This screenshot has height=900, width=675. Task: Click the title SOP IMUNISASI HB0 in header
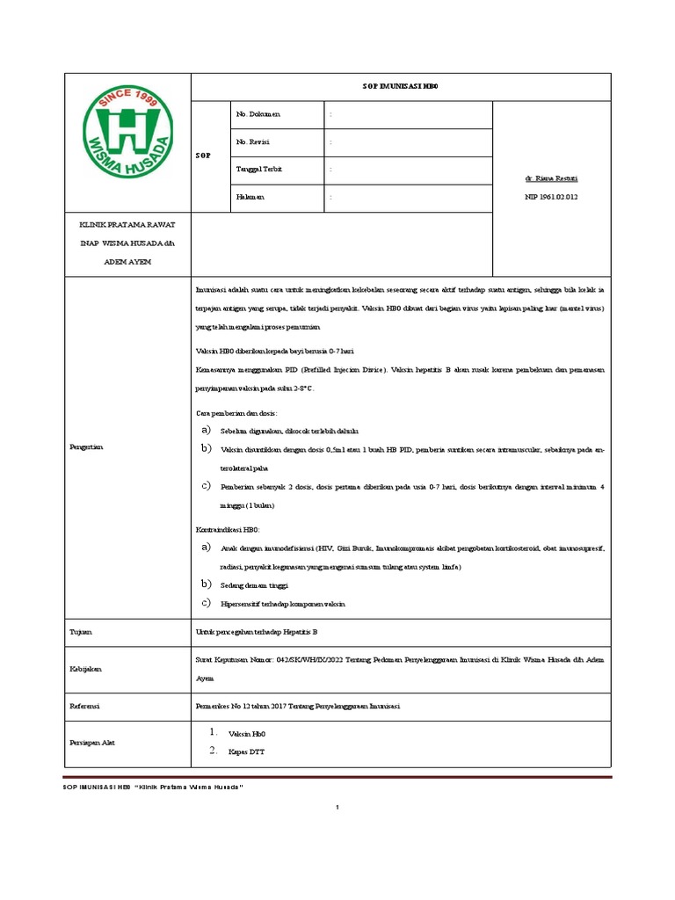(x=401, y=88)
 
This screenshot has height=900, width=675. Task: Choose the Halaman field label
(x=250, y=197)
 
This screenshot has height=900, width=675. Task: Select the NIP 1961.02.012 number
(x=551, y=197)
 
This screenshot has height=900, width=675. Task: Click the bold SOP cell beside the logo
(x=202, y=156)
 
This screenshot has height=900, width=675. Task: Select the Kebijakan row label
(x=85, y=668)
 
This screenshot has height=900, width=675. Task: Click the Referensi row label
(x=85, y=706)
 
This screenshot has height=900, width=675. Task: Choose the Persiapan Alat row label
(x=92, y=743)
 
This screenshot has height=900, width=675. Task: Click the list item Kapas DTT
(x=246, y=751)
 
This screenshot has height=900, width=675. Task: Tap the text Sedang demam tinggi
(x=253, y=584)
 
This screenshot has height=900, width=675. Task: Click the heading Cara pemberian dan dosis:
(x=236, y=412)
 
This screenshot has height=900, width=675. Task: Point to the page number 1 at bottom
(x=337, y=807)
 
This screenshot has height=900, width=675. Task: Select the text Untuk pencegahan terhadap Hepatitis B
(x=256, y=631)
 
